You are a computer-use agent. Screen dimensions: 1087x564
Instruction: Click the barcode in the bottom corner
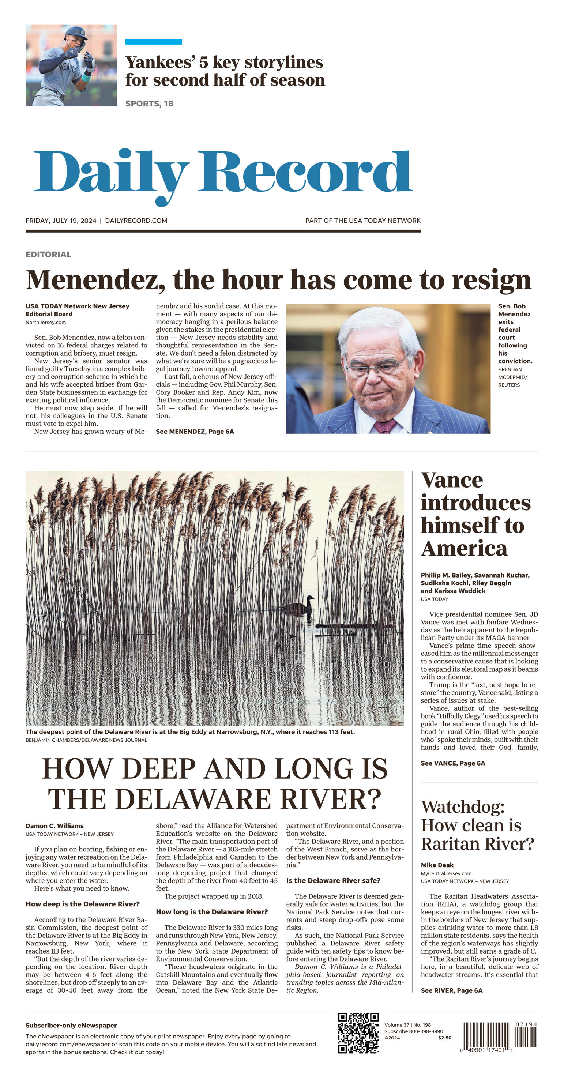500,1036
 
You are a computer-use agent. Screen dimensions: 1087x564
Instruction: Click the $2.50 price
445,1038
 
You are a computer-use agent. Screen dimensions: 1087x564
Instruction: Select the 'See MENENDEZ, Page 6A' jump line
195,432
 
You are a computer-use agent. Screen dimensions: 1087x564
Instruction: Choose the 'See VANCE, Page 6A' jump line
453,763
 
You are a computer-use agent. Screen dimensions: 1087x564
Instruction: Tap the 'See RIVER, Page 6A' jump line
451,990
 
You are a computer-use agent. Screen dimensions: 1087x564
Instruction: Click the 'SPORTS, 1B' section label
149,104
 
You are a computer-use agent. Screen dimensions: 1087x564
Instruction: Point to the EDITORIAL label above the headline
49,255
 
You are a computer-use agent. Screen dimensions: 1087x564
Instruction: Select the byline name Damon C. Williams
54,826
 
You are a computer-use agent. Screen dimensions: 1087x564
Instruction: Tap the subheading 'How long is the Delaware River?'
212,912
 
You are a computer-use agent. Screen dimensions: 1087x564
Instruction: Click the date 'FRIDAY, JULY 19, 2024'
61,221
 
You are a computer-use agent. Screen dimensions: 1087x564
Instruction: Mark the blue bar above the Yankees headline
154,42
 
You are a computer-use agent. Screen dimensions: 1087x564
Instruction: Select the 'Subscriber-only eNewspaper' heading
71,1026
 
